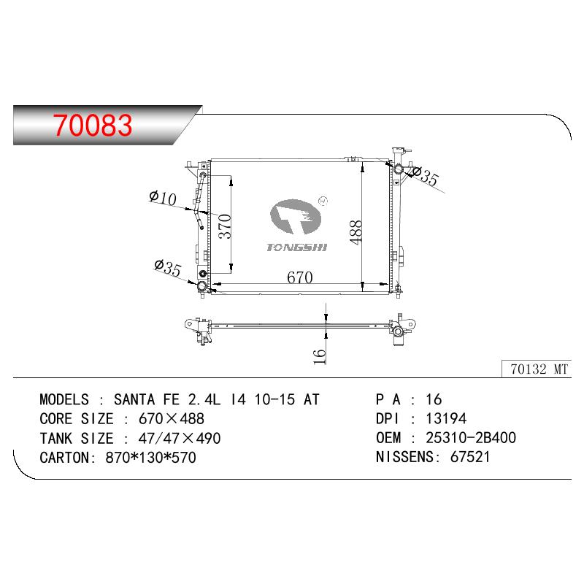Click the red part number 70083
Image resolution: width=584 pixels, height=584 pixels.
[x=93, y=125]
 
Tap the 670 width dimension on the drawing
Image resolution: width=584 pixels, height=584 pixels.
[x=300, y=277]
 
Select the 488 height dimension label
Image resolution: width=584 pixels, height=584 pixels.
[x=356, y=232]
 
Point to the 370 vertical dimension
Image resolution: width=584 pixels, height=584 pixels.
[x=225, y=226]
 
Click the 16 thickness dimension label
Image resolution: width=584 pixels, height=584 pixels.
[x=320, y=356]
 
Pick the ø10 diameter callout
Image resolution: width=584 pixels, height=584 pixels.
[x=163, y=198]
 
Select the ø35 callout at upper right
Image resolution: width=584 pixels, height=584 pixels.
[x=426, y=176]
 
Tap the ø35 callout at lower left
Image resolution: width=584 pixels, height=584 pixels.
[x=168, y=267]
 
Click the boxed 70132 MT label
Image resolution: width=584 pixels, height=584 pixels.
[x=539, y=369]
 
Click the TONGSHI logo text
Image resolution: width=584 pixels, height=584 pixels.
[x=297, y=247]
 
